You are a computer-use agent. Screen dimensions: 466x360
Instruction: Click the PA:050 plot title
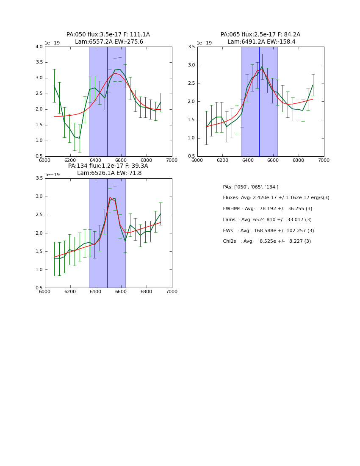[108, 38]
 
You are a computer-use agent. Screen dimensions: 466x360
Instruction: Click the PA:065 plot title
[260, 38]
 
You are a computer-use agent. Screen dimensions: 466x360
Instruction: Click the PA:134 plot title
[108, 169]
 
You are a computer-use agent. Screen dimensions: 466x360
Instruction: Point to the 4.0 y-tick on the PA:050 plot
[39, 47]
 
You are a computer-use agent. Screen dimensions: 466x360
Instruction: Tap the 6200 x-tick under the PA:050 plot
[70, 160]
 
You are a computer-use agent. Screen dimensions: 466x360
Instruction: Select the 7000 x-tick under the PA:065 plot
[324, 160]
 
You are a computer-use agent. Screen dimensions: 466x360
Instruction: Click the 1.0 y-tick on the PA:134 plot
[39, 269]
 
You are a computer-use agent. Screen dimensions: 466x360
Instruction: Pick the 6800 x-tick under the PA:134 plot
[147, 291]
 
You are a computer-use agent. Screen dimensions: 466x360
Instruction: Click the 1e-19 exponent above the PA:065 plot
[204, 43]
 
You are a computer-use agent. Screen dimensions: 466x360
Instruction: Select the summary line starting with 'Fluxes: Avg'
[276, 198]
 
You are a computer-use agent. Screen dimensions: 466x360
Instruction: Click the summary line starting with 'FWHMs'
[267, 209]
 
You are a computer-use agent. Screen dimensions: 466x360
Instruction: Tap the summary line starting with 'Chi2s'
[267, 241]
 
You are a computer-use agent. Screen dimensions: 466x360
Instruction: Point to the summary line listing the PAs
[251, 187]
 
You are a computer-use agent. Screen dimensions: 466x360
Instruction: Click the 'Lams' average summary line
[267, 219]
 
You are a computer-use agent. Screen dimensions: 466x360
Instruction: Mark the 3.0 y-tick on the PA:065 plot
[191, 65]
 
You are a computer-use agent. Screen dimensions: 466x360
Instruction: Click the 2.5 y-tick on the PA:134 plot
[39, 215]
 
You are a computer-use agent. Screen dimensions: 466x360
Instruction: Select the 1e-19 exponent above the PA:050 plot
[52, 43]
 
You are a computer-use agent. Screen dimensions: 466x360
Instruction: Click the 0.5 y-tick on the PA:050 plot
[39, 156]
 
